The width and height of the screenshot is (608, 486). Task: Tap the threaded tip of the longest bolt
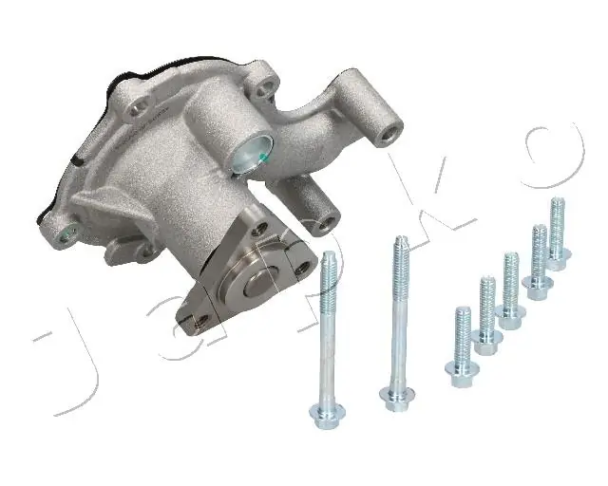(x=397, y=249)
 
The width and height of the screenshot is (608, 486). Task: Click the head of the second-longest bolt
(x=326, y=411)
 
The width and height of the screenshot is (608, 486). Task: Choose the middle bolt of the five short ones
(x=511, y=289)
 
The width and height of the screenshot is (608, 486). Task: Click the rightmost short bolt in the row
(x=558, y=233)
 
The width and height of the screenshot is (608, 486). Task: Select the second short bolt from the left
(x=487, y=314)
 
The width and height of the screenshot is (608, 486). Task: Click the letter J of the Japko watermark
(x=71, y=365)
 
